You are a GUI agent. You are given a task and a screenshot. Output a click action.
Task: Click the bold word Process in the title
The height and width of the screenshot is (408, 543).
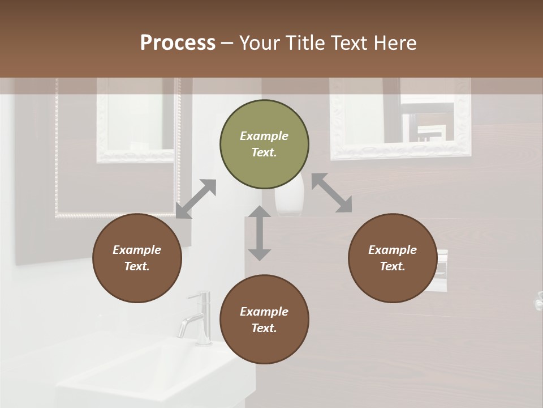[178, 43]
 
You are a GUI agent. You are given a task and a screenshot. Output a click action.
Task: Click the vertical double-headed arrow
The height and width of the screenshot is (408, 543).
[260, 233]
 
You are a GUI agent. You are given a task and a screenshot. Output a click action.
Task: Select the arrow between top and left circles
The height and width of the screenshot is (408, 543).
[196, 199]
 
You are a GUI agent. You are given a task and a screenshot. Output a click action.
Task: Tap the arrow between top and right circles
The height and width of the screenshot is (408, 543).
[331, 193]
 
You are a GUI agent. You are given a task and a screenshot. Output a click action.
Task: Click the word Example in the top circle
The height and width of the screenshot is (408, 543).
[264, 136]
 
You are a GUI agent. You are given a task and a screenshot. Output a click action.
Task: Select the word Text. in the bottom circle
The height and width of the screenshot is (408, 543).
[264, 328]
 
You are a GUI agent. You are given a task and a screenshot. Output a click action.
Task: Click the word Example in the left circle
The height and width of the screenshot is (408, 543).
[137, 250]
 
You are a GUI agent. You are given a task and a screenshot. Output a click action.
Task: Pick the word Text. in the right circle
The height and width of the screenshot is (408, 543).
[393, 266]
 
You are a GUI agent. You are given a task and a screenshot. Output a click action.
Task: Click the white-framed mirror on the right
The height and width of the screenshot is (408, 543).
[400, 119]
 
